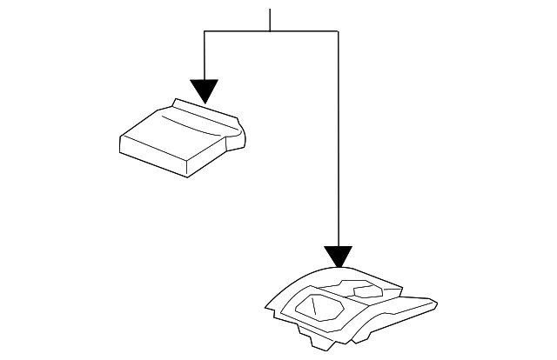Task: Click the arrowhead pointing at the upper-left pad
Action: [204, 90]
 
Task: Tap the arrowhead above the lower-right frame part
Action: [338, 257]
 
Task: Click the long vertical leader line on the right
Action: [338, 139]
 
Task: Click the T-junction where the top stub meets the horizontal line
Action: [271, 31]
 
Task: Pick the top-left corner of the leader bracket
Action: [204, 31]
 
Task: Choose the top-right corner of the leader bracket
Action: [338, 31]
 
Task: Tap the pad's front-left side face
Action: [152, 155]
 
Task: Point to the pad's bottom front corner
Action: [186, 175]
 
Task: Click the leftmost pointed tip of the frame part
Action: [266, 306]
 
